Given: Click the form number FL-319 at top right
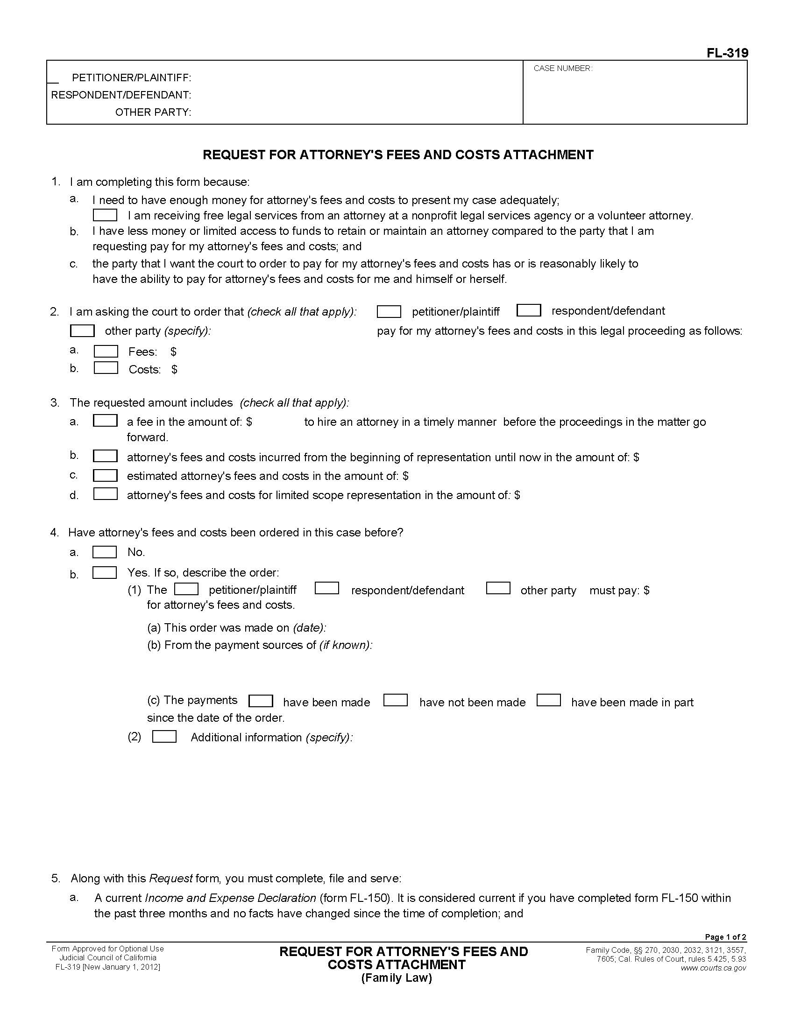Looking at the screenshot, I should (x=727, y=53).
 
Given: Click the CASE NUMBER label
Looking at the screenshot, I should (x=563, y=69).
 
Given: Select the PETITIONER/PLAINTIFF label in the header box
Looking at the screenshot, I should (x=131, y=77).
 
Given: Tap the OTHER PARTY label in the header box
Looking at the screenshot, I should (x=153, y=113).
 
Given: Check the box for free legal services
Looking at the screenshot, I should (x=105, y=215).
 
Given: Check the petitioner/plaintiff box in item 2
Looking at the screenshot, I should (x=389, y=311).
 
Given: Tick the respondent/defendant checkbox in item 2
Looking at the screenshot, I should (x=528, y=310).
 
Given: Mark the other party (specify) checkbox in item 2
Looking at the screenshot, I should (x=82, y=331).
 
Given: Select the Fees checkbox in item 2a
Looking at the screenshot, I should (x=106, y=351).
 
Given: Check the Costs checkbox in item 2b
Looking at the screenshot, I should (x=106, y=368).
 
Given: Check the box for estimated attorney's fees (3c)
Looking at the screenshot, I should (x=105, y=475).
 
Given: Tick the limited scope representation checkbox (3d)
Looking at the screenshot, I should (x=105, y=494).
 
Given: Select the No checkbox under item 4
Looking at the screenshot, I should (x=105, y=552).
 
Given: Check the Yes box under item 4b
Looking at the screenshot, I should (x=105, y=572).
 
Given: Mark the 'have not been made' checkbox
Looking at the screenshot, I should (x=395, y=700).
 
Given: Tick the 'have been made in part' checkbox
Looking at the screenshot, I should (x=548, y=700).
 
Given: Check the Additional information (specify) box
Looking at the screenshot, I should (x=164, y=736).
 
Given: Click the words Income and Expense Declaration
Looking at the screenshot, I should (x=230, y=898).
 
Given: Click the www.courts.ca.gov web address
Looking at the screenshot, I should (x=713, y=968).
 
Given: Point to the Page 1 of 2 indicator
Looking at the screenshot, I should (x=725, y=937).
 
